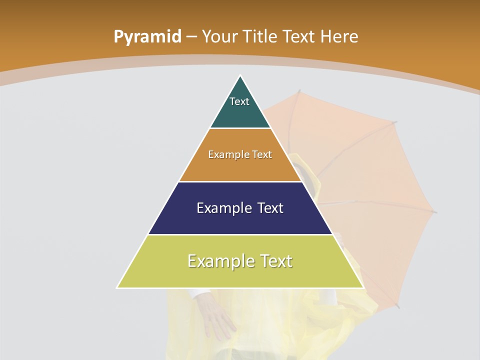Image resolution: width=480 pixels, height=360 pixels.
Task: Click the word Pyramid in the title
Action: (147, 37)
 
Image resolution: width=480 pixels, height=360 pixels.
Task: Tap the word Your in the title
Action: (220, 36)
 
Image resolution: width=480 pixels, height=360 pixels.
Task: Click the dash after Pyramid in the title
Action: (191, 37)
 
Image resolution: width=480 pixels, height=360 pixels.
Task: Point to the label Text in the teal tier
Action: (239, 101)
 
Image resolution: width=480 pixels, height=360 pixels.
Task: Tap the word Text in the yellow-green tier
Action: (275, 261)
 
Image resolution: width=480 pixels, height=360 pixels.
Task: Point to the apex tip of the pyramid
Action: (240, 76)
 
